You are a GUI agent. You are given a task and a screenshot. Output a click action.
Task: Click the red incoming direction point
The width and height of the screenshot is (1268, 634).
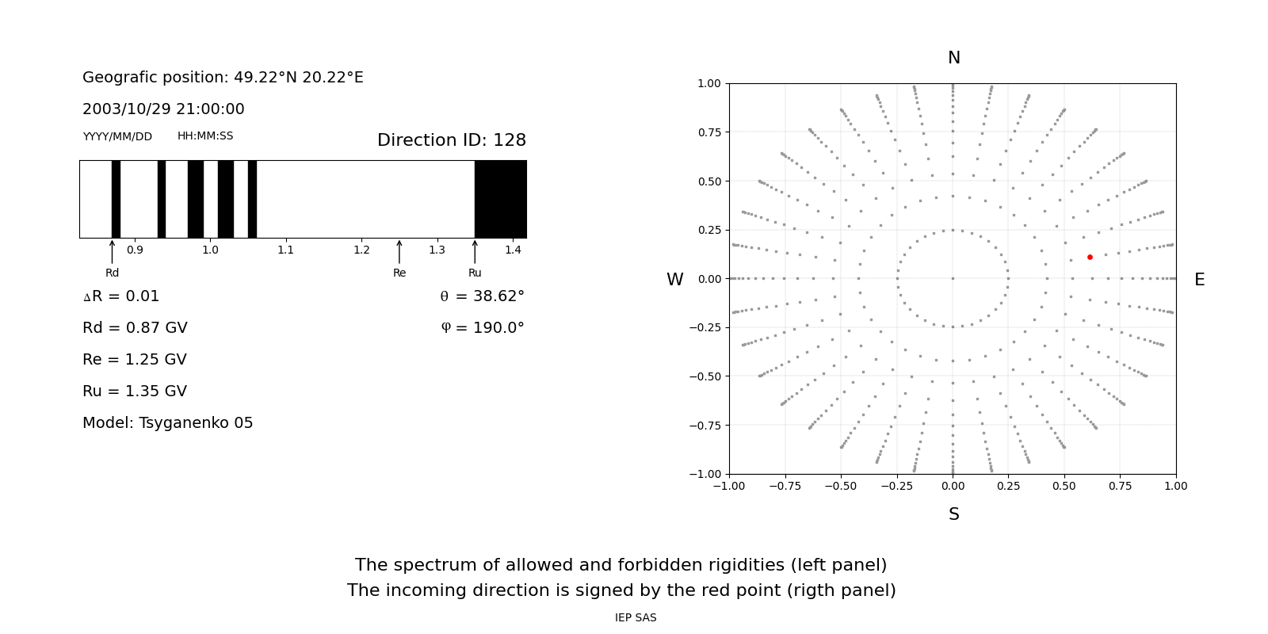pyautogui.click(x=1090, y=257)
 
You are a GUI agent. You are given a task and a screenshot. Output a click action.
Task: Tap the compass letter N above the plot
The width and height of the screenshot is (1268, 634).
pyautogui.click(x=953, y=58)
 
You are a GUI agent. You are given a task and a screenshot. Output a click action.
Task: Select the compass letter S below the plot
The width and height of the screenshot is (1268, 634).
pyautogui.click(x=953, y=514)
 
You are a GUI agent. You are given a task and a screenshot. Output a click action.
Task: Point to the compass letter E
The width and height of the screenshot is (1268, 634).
pyautogui.click(x=1199, y=280)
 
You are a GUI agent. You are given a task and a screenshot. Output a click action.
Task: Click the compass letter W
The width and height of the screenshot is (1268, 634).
pyautogui.click(x=674, y=280)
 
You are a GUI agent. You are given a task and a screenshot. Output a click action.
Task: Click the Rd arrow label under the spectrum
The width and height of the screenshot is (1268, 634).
pyautogui.click(x=112, y=273)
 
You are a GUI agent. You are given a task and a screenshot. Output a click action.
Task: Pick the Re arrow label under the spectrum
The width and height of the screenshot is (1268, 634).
pyautogui.click(x=399, y=273)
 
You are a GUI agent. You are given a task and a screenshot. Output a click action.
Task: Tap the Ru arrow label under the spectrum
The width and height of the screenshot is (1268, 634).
pyautogui.click(x=475, y=273)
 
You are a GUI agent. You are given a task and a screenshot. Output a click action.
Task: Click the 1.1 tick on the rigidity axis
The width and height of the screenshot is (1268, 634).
pyautogui.click(x=285, y=250)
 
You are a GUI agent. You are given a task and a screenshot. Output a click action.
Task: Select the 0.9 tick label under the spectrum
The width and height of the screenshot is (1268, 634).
pyautogui.click(x=135, y=250)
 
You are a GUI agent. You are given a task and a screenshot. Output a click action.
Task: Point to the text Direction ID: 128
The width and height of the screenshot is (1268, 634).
pyautogui.click(x=451, y=140)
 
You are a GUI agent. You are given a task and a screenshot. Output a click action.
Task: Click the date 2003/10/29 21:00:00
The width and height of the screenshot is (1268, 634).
pyautogui.click(x=163, y=109)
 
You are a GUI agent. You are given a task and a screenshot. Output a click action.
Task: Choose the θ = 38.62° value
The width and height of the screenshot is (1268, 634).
pyautogui.click(x=482, y=296)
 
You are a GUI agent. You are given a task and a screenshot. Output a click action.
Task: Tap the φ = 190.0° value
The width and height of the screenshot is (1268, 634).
pyautogui.click(x=482, y=328)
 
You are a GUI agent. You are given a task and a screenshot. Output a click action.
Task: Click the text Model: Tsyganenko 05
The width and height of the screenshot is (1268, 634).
pyautogui.click(x=167, y=423)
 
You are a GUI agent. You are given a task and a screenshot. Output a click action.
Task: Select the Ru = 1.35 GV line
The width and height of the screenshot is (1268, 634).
pyautogui.click(x=135, y=391)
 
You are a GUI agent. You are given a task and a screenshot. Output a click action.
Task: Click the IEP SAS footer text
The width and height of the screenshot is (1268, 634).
pyautogui.click(x=635, y=617)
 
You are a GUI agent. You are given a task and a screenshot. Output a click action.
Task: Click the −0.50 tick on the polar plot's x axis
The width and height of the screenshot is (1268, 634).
pyautogui.click(x=841, y=486)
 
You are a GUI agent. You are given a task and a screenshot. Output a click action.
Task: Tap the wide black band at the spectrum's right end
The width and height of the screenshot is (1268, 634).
pyautogui.click(x=500, y=199)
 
